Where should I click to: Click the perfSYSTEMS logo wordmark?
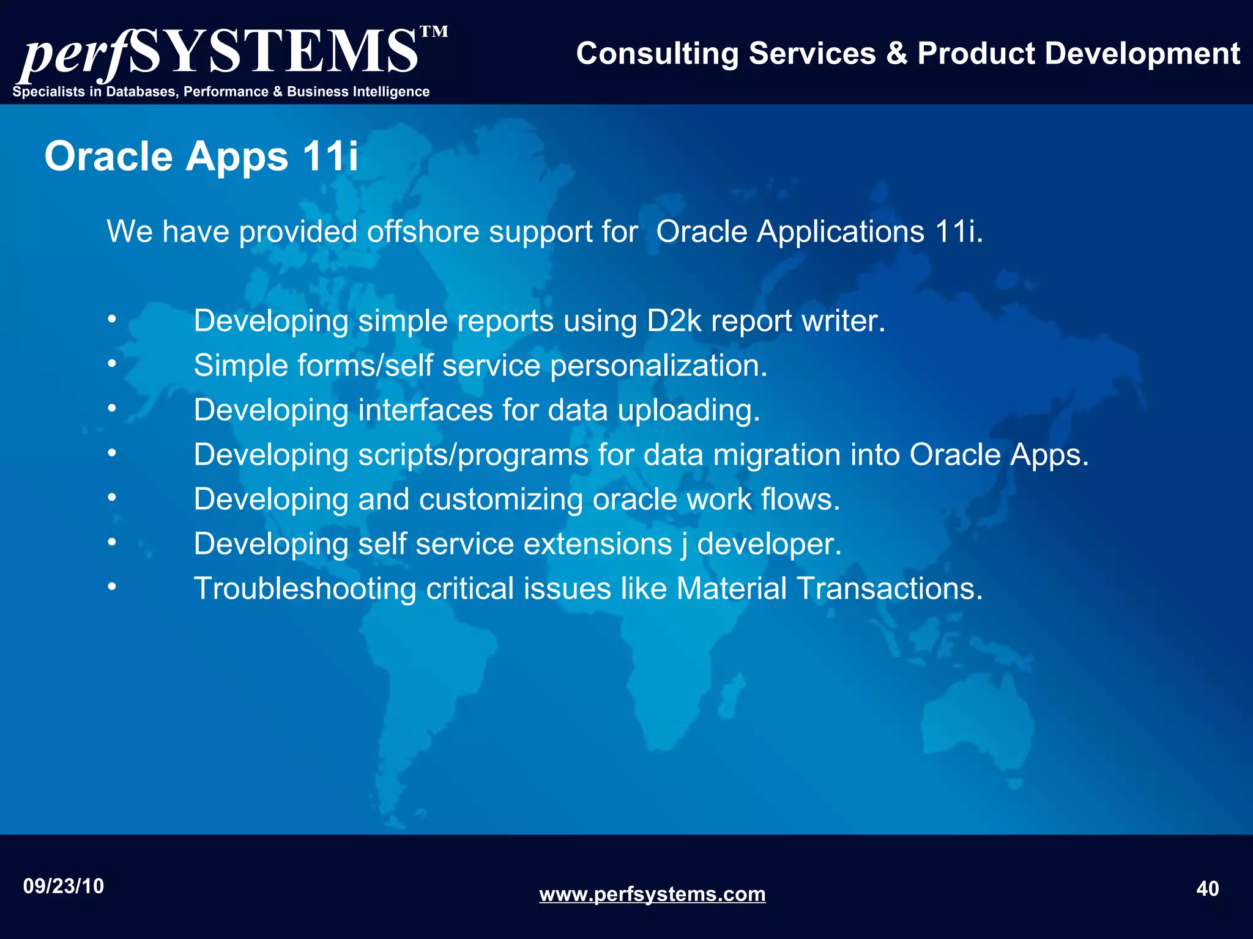[220, 54]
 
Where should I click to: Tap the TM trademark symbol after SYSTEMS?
[434, 32]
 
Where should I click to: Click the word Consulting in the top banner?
[657, 54]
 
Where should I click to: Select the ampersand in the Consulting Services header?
[896, 54]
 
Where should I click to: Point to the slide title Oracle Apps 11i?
[201, 156]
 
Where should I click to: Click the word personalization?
[658, 366]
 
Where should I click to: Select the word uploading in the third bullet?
[689, 410]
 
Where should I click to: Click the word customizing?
[500, 499]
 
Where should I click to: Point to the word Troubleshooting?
[305, 589]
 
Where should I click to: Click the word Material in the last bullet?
[731, 589]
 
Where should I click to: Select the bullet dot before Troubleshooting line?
[111, 587]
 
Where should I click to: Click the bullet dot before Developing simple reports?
[111, 319]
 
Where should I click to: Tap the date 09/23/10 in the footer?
[64, 886]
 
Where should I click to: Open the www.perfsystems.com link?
[652, 894]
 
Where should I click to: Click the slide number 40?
[1207, 889]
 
